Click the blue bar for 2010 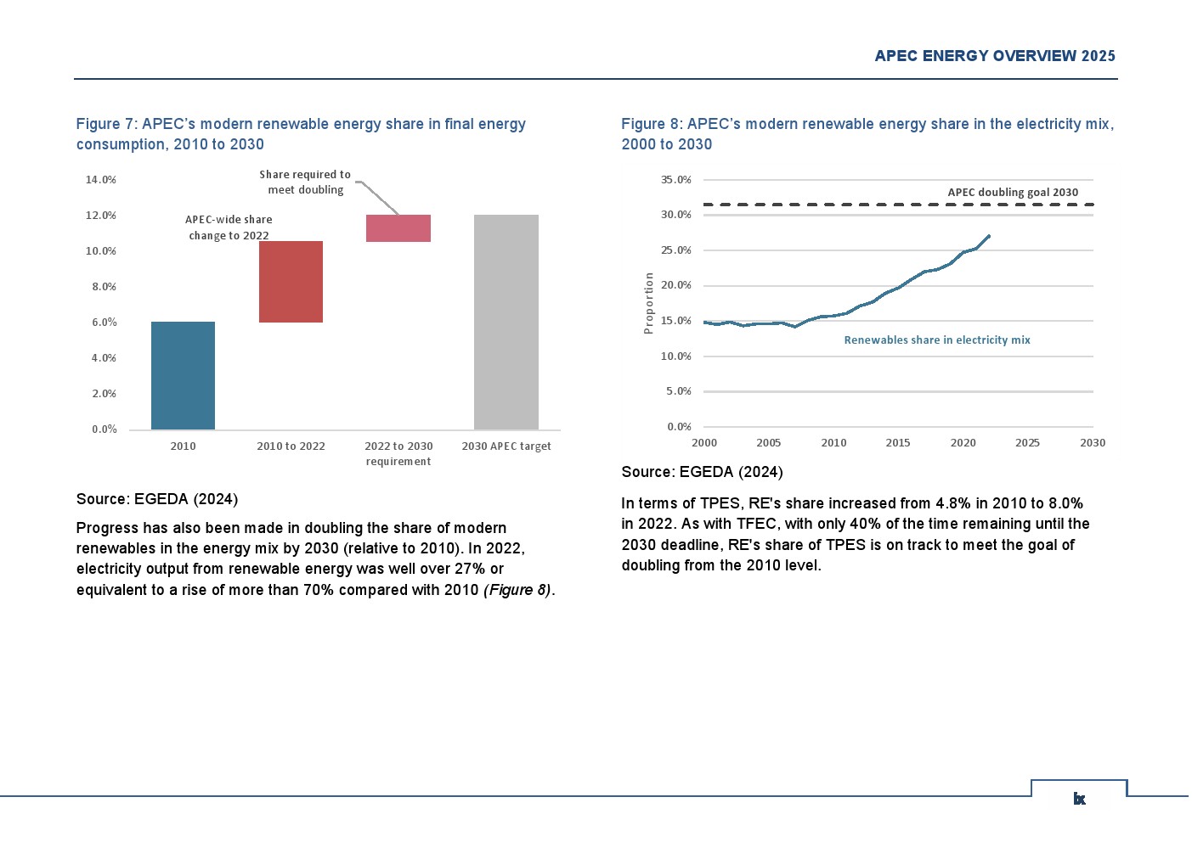coord(183,375)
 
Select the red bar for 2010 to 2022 coord(291,282)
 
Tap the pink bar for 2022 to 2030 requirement coord(398,228)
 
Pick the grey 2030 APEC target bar coord(506,322)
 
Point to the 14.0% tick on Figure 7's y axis coord(101,180)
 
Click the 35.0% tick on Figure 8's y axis coord(676,180)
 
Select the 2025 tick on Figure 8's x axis coord(1027,443)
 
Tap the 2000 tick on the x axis coord(704,443)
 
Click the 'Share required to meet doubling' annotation coord(305,182)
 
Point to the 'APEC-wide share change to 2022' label coord(229,227)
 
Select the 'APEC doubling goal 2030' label coord(1013,193)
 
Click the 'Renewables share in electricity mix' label coord(937,340)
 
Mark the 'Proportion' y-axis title coord(649,303)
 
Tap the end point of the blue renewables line coord(989,236)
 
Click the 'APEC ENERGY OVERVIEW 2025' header coord(995,56)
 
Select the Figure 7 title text coord(301,134)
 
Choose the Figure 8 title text coord(867,134)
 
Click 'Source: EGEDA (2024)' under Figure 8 coord(702,472)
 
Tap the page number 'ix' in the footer coord(1079,799)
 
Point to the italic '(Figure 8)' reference coord(517,590)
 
